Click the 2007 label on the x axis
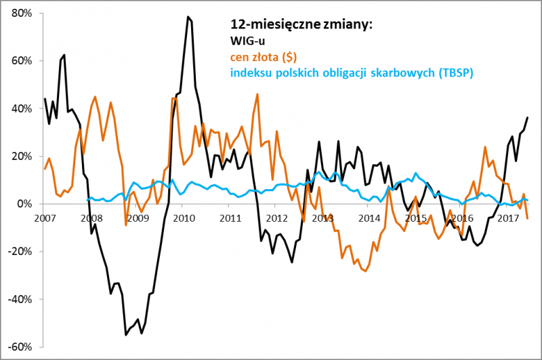[45, 218]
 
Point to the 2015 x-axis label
[415, 218]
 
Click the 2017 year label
[507, 218]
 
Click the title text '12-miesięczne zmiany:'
[302, 25]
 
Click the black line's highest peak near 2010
[188, 17]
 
